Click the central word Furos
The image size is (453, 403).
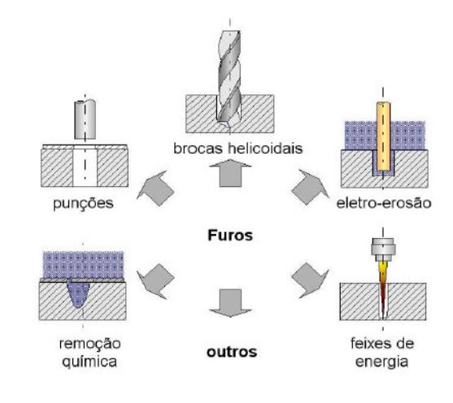230,236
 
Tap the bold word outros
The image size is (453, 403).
232,352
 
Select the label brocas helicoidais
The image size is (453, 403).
237,149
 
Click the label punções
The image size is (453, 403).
83,204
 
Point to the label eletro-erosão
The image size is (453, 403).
384,203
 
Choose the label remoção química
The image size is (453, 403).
89,353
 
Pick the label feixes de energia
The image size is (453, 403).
382,353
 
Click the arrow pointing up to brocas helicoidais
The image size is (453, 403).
230,172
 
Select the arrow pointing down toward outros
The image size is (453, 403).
230,303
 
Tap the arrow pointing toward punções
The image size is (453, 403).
155,188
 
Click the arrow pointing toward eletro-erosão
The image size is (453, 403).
311,188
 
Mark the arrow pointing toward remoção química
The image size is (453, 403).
155,281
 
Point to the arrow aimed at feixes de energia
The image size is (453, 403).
311,280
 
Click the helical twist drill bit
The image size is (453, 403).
229,78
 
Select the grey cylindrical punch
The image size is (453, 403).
85,119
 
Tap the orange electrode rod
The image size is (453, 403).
383,136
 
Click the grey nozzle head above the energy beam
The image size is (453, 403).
383,249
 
